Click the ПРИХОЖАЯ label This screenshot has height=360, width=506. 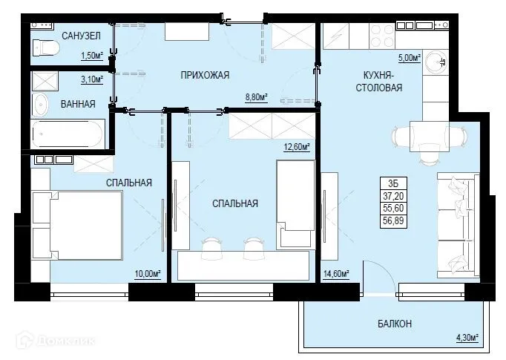[x=204, y=75]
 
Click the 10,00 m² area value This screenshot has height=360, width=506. [x=148, y=274]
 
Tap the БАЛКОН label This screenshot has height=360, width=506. [x=389, y=324]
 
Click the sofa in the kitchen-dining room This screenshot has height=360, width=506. [x=455, y=222]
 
